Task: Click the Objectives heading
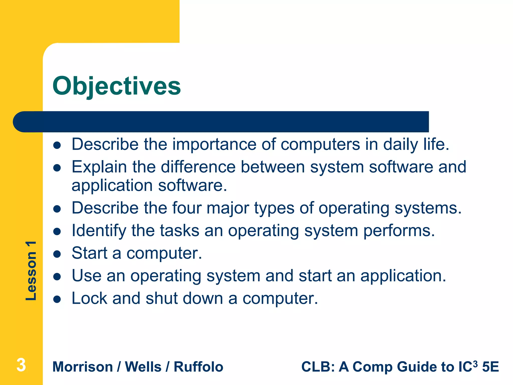click(116, 86)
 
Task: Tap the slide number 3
click(21, 365)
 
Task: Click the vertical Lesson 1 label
click(31, 271)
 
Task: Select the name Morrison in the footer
click(83, 367)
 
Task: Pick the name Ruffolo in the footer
click(198, 367)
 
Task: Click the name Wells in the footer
click(143, 367)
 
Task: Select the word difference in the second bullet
click(198, 167)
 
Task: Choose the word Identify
click(99, 231)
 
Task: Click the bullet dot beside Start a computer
click(57, 254)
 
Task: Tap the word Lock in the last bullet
click(89, 298)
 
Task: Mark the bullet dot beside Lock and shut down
click(57, 299)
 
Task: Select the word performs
click(399, 231)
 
